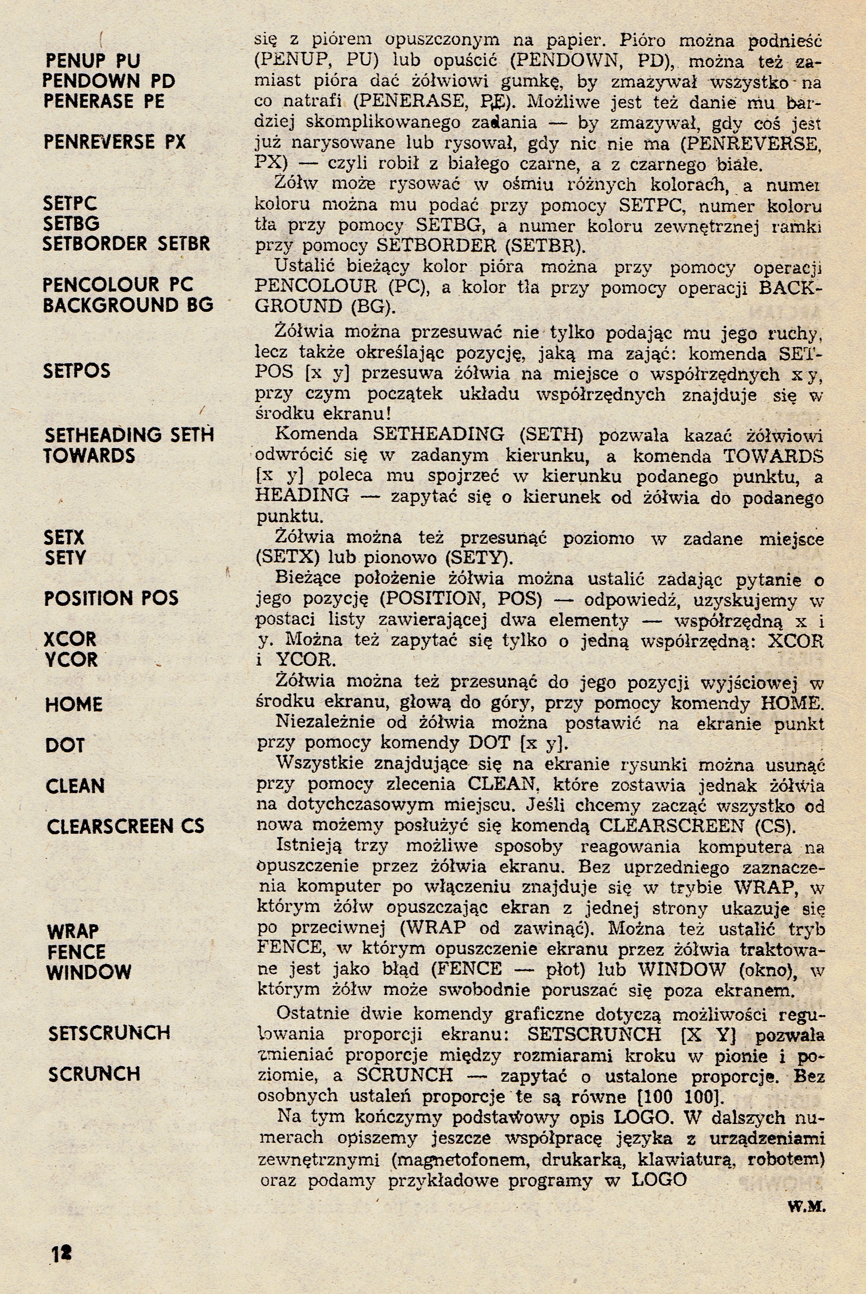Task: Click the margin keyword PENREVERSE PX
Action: point(114,142)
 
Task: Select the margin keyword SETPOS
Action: point(77,370)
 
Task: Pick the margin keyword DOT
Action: point(65,745)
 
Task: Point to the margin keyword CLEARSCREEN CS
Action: point(125,826)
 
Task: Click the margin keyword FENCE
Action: point(76,951)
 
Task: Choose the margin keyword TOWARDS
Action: point(89,455)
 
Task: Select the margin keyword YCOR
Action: point(71,659)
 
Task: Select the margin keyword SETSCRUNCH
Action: point(109,1033)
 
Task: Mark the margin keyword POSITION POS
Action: point(111,598)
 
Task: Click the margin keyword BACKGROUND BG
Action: point(128,304)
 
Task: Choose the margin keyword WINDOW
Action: point(89,972)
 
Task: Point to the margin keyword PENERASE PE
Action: point(104,101)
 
